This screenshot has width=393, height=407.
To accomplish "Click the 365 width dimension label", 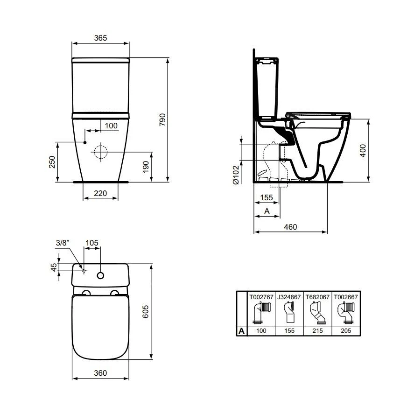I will click(x=100, y=38).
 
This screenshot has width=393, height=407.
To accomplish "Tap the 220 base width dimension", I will click(x=100, y=193).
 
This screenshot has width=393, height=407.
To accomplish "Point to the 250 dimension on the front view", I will click(x=52, y=161).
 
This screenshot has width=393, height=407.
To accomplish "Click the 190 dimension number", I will click(x=146, y=167).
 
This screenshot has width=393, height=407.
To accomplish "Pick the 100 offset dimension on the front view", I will click(x=111, y=126).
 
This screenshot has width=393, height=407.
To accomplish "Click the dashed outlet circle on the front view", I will click(x=100, y=152).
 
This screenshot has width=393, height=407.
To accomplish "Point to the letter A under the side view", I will click(x=267, y=211).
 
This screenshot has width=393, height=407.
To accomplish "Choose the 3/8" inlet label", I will click(x=63, y=243).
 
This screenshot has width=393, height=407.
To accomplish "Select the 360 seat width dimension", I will click(x=100, y=373).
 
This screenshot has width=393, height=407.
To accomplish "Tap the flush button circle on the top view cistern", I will click(x=100, y=275).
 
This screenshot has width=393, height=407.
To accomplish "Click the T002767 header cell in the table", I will click(x=260, y=296).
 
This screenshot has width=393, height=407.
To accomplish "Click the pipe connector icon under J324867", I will click(x=288, y=313).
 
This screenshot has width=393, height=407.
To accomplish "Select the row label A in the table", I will click(x=241, y=331).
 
